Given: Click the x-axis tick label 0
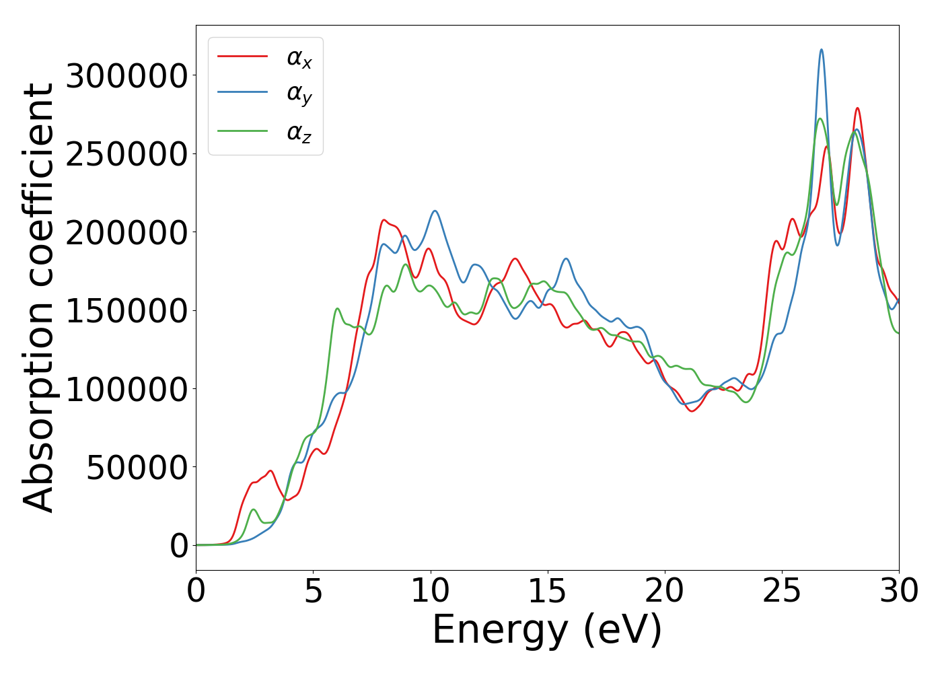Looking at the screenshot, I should click(x=196, y=592).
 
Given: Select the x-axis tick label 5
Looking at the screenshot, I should click(x=313, y=592).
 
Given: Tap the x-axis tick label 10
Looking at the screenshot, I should click(x=430, y=592).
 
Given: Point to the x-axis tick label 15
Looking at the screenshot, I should click(x=547, y=592).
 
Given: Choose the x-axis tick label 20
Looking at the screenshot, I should click(x=664, y=592).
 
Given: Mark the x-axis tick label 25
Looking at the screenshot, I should click(x=782, y=592).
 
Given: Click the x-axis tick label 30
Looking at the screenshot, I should click(x=898, y=592).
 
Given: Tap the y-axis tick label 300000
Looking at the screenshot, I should click(x=126, y=76).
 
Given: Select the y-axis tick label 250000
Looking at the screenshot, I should click(x=126, y=154).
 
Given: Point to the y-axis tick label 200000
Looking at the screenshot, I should click(x=126, y=233).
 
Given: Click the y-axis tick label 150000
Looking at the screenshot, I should click(x=126, y=311).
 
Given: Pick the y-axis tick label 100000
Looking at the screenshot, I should click(x=126, y=390).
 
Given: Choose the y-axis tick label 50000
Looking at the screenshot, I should click(x=137, y=468).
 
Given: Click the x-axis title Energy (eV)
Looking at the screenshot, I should click(x=547, y=631).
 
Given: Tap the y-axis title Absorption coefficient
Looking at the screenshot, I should click(x=38, y=297).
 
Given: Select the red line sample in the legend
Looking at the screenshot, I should click(x=243, y=57).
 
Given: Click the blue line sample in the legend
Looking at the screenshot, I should click(x=243, y=94).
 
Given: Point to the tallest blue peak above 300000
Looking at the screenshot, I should click(x=821, y=50).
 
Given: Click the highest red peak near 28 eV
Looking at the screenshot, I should click(x=857, y=108).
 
